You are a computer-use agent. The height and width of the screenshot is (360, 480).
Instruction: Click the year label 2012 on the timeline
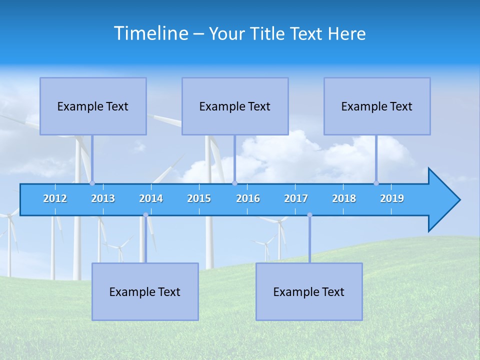click(x=55, y=198)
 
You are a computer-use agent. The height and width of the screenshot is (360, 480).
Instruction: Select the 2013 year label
click(x=103, y=198)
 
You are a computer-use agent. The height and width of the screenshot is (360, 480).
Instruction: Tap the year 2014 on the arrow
click(x=151, y=198)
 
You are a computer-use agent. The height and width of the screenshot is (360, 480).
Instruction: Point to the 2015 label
click(x=199, y=198)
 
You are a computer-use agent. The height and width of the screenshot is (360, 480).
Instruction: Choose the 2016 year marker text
click(x=248, y=198)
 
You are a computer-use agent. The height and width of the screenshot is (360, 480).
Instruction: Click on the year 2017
click(x=296, y=198)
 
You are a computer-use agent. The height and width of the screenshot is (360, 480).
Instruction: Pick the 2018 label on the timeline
click(x=344, y=198)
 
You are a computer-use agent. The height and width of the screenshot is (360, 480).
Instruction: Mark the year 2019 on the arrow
click(x=392, y=198)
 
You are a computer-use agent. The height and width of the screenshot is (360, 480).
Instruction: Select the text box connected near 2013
click(x=93, y=106)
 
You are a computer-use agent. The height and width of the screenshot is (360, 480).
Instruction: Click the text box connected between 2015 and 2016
click(x=235, y=106)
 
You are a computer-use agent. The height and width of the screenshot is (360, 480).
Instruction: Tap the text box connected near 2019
click(x=377, y=106)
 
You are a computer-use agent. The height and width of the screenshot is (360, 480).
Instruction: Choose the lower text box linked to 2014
click(x=145, y=291)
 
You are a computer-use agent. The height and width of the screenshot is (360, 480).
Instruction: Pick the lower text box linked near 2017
click(x=309, y=291)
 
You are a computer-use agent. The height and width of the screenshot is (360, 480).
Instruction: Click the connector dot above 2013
click(x=92, y=183)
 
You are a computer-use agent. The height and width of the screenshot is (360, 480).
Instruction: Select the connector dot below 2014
click(x=145, y=215)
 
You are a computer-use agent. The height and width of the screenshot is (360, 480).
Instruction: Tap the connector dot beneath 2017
click(x=309, y=215)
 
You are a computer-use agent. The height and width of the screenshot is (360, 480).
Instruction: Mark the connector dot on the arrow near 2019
click(x=376, y=183)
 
